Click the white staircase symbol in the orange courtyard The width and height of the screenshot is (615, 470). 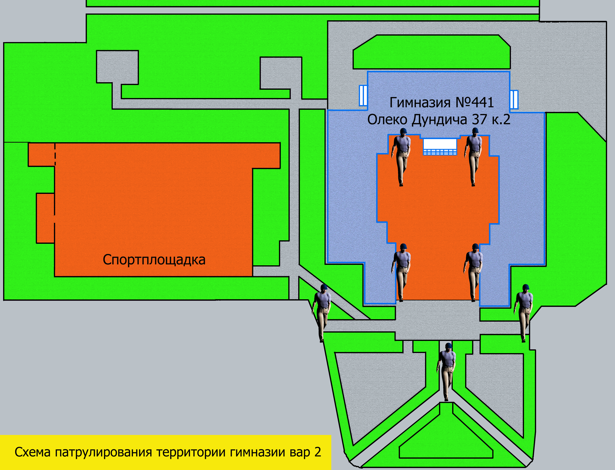[x=440, y=147]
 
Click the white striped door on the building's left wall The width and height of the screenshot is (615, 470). [x=363, y=95]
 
